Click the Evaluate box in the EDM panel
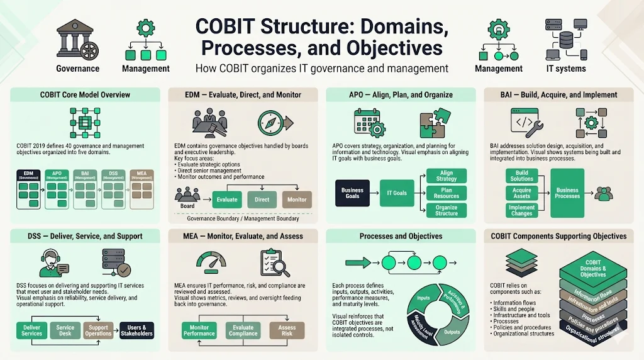[227, 200]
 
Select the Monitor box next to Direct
[297, 200]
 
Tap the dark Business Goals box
[352, 193]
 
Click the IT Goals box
[396, 193]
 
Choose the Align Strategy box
[447, 176]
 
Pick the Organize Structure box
[447, 210]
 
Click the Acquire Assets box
[521, 193]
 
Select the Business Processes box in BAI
[567, 193]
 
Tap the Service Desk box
[65, 330]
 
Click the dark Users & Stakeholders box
[136, 330]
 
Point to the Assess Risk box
[287, 330]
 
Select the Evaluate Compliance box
[243, 330]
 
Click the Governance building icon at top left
[77, 40]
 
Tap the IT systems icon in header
[565, 39]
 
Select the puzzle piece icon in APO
[435, 123]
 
